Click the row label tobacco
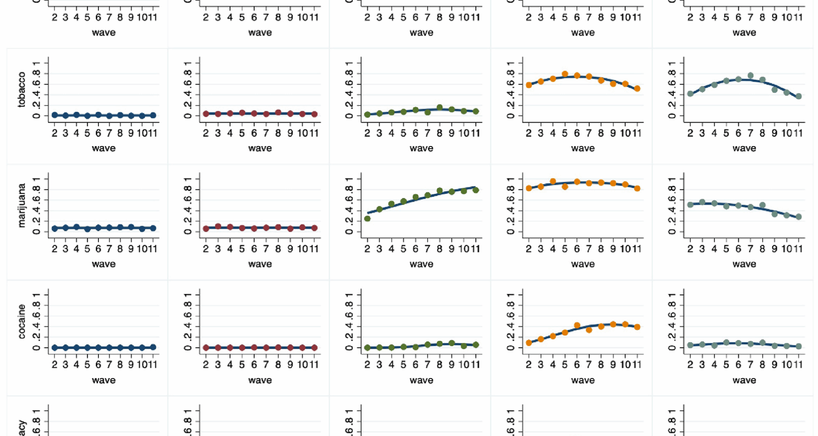[x=21, y=89]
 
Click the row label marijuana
[x=21, y=205]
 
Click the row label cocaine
[x=21, y=321]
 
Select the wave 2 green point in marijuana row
[x=367, y=218]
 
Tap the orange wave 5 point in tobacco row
[x=565, y=74]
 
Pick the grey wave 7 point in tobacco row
[x=751, y=76]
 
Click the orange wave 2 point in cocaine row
[x=529, y=343]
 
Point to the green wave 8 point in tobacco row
[x=440, y=108]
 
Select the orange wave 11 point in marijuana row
[x=637, y=188]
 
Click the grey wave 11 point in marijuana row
[x=799, y=217]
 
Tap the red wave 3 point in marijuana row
[x=218, y=227]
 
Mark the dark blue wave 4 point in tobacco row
[x=76, y=115]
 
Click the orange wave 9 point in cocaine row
[x=613, y=324]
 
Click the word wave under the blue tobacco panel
[x=104, y=148]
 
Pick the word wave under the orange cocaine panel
[x=583, y=380]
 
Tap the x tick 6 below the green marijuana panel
[x=415, y=249]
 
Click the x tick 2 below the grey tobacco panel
[x=690, y=133]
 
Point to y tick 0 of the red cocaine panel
[x=187, y=348]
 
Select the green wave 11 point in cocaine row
[x=476, y=345]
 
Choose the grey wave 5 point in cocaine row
[x=726, y=342]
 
